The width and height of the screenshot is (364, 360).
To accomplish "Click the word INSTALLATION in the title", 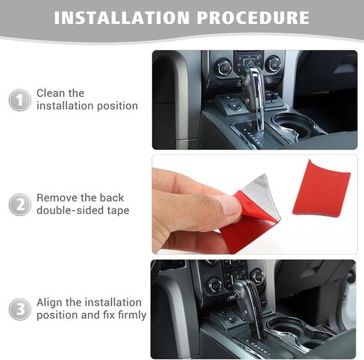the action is point(122,18).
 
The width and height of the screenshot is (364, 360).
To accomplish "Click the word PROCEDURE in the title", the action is point(253,18).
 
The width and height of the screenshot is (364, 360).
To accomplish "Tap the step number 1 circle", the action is point(20,100).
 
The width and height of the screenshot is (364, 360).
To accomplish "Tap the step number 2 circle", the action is point(20,205).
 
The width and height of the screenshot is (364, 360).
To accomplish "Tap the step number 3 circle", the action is point(20,309).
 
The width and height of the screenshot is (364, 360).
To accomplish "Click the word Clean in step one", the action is point(51,93).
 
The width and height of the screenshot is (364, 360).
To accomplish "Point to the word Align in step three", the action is point(49,303).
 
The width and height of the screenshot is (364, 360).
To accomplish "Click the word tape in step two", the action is point(118,211).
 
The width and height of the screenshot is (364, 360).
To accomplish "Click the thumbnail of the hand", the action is point(254,204).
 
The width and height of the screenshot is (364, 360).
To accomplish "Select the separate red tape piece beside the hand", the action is point(321,188).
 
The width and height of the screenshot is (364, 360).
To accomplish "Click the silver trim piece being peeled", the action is point(261,196).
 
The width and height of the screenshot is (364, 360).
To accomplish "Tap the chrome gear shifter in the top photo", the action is point(251,92).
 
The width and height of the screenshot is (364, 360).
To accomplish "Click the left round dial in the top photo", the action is point(223,67).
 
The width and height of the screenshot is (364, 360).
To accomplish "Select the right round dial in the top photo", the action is point(273,64).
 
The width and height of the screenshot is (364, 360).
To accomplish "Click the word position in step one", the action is point(117,106).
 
